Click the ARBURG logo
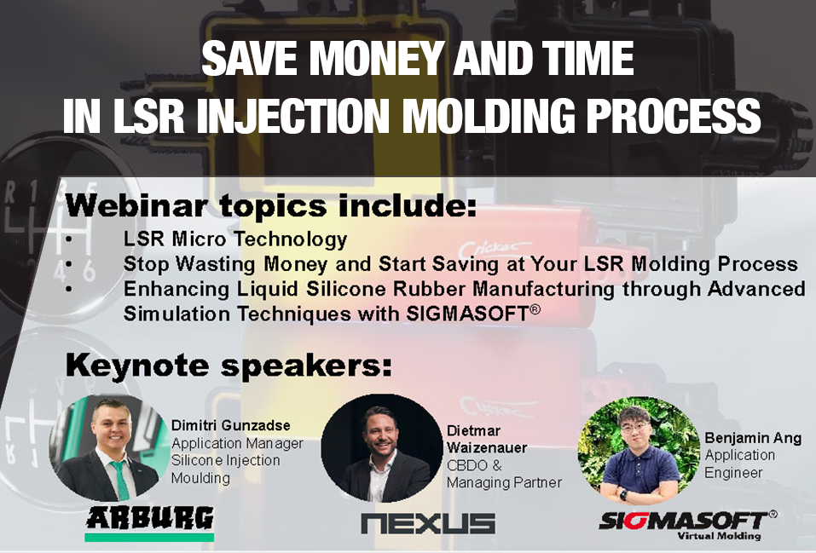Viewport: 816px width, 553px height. coord(149,523)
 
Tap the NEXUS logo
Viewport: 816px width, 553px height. coord(428,523)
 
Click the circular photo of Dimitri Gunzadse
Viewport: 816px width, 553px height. coord(109,447)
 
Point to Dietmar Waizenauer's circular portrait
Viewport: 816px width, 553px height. coord(382,448)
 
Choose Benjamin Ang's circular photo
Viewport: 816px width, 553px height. coord(639,451)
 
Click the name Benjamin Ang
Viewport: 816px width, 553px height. coord(753,438)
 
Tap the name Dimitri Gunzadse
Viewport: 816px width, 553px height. coord(230,425)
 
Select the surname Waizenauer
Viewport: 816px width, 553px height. coord(487,447)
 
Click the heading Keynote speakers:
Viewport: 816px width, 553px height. coord(229,366)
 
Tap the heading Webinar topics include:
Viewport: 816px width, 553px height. coord(270,205)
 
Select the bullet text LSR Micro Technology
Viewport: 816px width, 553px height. coord(235,239)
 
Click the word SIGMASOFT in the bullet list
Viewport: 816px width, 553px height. coord(467,314)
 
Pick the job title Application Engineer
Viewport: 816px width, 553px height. coord(739,464)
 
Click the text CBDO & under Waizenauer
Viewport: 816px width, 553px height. coord(474,465)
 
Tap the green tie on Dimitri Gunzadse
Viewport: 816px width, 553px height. coord(120,481)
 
